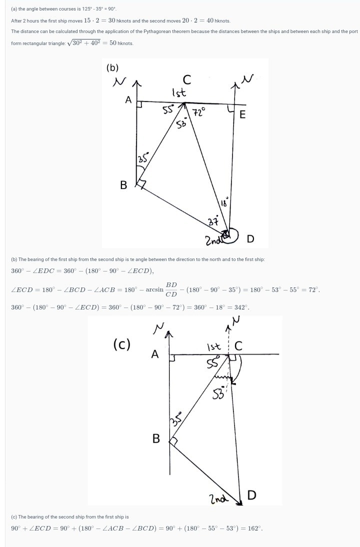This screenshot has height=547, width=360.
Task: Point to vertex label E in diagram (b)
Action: click(242, 115)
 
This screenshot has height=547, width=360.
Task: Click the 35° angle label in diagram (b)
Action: click(142, 159)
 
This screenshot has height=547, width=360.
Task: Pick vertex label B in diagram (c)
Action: click(156, 438)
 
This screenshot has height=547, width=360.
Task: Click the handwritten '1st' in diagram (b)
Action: click(179, 92)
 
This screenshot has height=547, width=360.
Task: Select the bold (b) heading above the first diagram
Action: click(112, 67)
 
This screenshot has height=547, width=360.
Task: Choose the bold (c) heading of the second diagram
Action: click(122, 344)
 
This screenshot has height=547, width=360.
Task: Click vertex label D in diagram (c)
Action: click(252, 495)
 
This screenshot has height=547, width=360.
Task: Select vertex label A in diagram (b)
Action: click(128, 100)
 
